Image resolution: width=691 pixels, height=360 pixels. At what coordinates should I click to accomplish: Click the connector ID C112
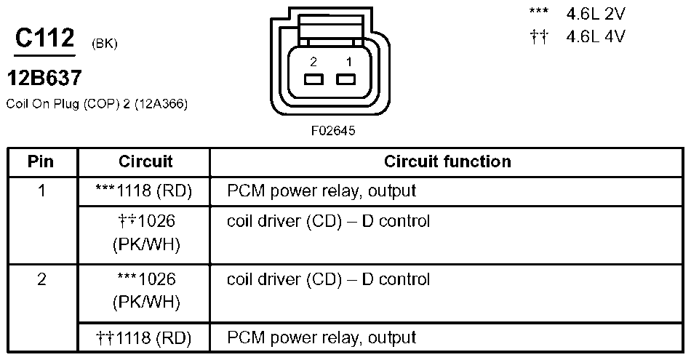tap(44, 39)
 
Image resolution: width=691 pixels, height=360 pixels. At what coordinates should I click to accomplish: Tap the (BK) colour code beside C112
tap(105, 44)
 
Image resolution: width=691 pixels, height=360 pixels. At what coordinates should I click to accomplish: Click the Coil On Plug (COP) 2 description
tap(97, 104)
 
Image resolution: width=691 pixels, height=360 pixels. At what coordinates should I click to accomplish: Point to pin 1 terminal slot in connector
tap(344, 80)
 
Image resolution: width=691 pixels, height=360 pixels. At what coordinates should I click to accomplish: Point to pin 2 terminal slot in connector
tap(313, 80)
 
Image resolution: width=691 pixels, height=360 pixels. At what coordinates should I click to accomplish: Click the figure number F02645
tap(333, 132)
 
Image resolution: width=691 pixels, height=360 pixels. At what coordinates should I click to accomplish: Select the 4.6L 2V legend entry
tap(595, 13)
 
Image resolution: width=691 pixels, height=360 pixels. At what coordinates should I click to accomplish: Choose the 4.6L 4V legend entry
tap(595, 36)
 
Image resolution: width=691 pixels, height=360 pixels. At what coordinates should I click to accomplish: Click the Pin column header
tap(41, 161)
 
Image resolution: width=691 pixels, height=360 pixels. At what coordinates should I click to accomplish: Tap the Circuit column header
tap(145, 161)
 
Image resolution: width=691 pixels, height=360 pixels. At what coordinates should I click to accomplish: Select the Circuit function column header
tap(447, 161)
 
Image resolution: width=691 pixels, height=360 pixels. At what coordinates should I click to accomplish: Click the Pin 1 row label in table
tap(41, 191)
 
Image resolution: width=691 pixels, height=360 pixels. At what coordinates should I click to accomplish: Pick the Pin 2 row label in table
tap(41, 279)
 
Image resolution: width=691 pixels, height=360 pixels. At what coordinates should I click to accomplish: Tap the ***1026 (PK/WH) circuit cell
tap(145, 289)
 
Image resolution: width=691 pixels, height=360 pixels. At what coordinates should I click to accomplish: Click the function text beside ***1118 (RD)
tap(321, 191)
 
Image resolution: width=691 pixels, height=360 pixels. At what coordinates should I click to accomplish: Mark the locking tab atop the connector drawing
tap(329, 29)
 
